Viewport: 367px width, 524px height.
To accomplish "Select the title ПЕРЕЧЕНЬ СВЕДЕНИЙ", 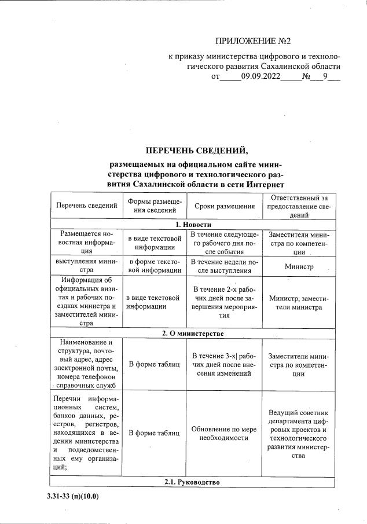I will [197, 151].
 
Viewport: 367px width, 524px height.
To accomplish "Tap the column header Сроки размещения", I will [225, 206].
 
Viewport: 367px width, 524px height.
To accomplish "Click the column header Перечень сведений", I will [86, 206].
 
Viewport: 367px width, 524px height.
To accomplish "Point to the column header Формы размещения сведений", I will [155, 206].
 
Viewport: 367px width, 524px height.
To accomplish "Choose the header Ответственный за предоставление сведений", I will [299, 206].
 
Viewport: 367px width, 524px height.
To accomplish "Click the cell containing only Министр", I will [299, 267].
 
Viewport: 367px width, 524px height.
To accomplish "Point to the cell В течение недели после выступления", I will [225, 266].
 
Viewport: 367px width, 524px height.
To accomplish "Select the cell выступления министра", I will [86, 266].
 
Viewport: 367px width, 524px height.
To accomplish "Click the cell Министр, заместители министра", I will [299, 302].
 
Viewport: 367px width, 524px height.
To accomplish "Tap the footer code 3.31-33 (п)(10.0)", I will [74, 496].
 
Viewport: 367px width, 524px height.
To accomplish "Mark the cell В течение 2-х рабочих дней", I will [225, 302].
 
